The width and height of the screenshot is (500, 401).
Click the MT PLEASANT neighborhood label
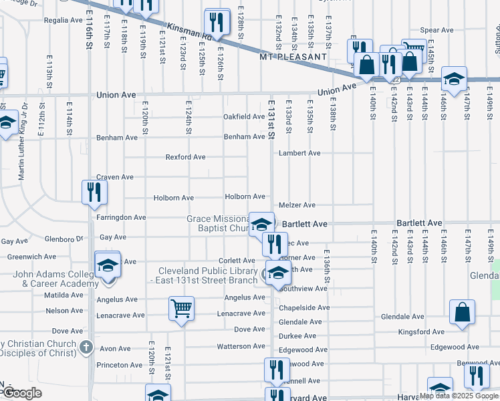tap(293, 57)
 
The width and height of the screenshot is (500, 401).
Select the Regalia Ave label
tap(63, 21)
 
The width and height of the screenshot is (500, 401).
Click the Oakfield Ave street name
tap(244, 117)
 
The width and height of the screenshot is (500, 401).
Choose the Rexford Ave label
tap(186, 158)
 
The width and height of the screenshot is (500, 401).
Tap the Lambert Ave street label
tap(301, 153)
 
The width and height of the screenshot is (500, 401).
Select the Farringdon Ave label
tap(121, 218)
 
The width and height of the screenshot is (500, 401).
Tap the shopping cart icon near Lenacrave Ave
tap(182, 309)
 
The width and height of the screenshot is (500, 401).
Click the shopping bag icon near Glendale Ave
tap(462, 311)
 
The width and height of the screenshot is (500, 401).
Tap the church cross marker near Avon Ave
tap(86, 347)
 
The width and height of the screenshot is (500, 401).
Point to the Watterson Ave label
tap(241, 346)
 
